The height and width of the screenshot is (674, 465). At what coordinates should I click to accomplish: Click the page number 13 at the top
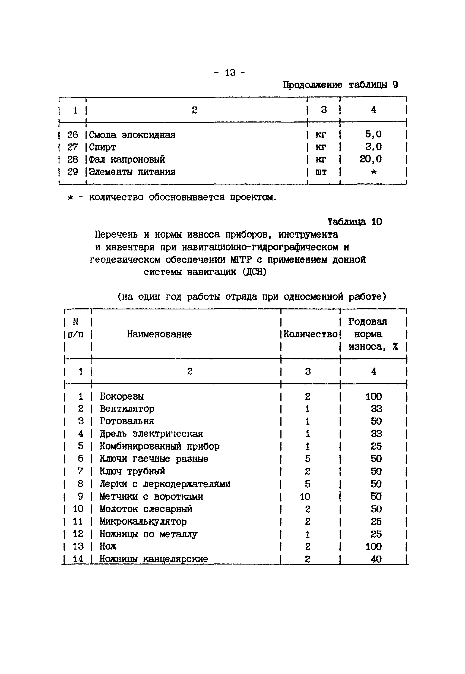coord(230,72)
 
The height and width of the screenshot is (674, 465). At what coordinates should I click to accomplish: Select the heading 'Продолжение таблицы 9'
coord(340,85)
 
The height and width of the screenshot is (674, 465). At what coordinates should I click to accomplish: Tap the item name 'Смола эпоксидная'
coord(132,135)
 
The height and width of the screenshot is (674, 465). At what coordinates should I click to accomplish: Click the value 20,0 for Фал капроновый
coord(370,159)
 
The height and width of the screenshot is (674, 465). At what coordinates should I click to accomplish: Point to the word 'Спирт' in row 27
coord(102,148)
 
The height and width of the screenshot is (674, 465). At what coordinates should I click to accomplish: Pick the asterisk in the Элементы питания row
coord(374,172)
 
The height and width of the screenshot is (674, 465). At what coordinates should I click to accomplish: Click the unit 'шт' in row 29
coord(321,172)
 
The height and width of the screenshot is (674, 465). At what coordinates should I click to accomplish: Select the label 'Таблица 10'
coord(354,222)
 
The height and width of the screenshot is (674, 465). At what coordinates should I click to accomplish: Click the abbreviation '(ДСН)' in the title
coord(254,272)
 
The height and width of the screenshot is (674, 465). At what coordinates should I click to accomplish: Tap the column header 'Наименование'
coord(159,334)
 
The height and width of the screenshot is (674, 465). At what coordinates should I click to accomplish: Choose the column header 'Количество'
coord(310,334)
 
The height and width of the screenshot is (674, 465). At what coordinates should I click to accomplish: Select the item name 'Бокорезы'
coord(122,396)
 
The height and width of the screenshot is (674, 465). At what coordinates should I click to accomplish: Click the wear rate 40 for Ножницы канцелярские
coord(376,559)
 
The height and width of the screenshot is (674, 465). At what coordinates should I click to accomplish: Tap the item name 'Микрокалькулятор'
coord(143,522)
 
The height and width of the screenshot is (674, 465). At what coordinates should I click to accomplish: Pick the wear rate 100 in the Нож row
coord(374,547)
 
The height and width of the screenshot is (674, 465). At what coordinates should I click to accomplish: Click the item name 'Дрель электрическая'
coord(151,434)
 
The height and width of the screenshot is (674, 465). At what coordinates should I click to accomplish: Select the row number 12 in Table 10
coord(78,534)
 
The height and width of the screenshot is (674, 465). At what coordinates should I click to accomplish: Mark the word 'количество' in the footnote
coord(116,197)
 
